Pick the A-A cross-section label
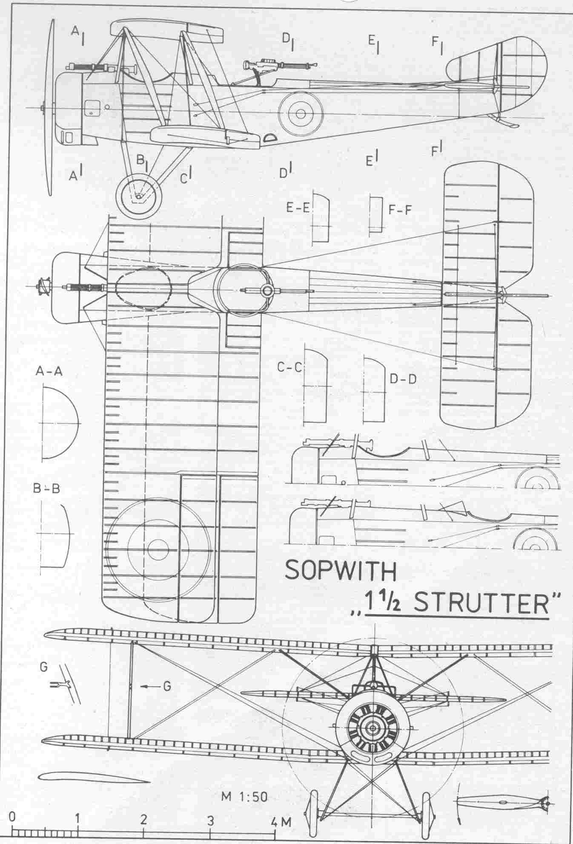tap(49, 371)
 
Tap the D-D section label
tap(403, 378)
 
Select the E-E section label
tap(299, 209)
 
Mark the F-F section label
tap(401, 209)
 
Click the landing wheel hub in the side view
tap(139, 196)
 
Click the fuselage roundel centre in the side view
tap(301, 113)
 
